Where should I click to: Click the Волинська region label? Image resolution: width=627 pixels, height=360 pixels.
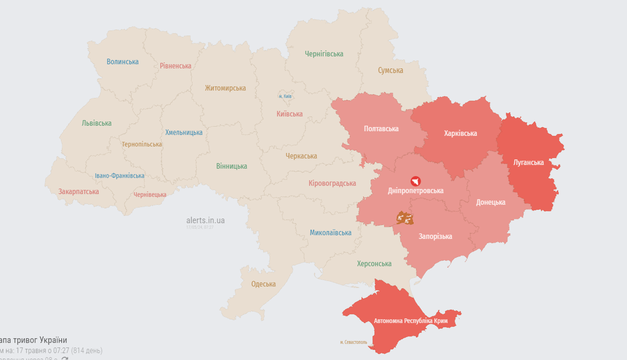pos(122,61)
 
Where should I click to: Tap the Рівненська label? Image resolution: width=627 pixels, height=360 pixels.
pos(175,66)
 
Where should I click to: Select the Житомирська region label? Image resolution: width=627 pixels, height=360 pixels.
pos(225,88)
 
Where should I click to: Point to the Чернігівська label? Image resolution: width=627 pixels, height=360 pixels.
pos(324,54)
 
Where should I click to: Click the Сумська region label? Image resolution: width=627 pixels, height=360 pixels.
pos(390,70)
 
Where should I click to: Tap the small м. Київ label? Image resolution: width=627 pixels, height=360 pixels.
pos(285,96)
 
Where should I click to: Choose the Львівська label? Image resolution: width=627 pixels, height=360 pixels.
pos(97,123)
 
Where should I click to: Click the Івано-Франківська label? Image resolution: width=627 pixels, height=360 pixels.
pos(119,176)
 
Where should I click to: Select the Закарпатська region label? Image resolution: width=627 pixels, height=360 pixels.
pos(78,191)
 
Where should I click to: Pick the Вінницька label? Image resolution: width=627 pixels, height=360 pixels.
pos(231,166)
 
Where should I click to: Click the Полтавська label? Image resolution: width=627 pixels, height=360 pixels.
pos(381,128)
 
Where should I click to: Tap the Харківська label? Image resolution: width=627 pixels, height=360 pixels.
pos(460,133)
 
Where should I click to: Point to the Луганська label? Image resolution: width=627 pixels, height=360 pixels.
pos(528,162)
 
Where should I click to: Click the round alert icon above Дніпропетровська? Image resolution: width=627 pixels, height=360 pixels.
pos(415,181)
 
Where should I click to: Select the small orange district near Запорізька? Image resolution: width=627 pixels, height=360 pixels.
pos(405,217)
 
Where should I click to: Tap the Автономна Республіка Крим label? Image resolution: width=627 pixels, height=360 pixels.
pos(411,321)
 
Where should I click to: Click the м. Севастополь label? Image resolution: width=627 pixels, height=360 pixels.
pos(354,342)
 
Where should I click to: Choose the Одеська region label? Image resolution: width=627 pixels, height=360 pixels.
pos(263,284)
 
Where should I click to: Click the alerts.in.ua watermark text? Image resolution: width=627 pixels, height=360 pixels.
pos(205,220)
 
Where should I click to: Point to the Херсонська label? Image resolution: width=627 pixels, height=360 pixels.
pos(374,263)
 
